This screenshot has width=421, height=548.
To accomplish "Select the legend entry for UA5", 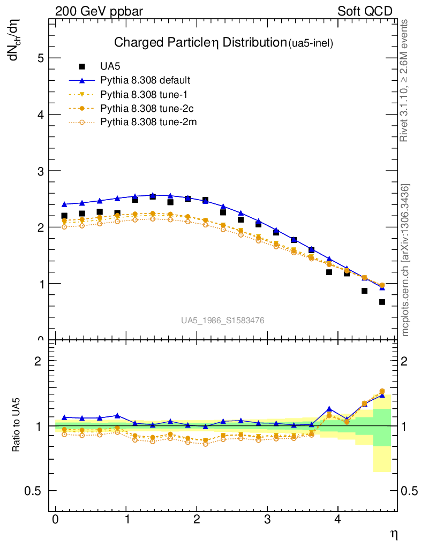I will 110,66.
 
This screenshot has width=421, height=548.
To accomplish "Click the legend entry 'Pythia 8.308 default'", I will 145,80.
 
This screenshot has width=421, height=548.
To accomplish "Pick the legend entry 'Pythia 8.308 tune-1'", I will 140,94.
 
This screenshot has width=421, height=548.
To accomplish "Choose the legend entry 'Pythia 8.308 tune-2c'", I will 142,108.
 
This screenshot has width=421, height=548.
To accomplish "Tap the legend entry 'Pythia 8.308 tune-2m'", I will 144,122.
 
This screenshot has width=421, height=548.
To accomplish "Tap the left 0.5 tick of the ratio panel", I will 35,491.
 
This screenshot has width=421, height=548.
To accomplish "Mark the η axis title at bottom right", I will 393,534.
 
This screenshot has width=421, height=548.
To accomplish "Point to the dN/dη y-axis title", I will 16,38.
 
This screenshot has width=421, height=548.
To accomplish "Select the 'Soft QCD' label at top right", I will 365,11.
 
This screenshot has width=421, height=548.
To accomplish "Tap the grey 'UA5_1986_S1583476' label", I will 222,320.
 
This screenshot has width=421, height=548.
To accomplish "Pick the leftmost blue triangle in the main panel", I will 64,204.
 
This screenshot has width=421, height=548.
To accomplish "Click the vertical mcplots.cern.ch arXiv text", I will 405,260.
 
